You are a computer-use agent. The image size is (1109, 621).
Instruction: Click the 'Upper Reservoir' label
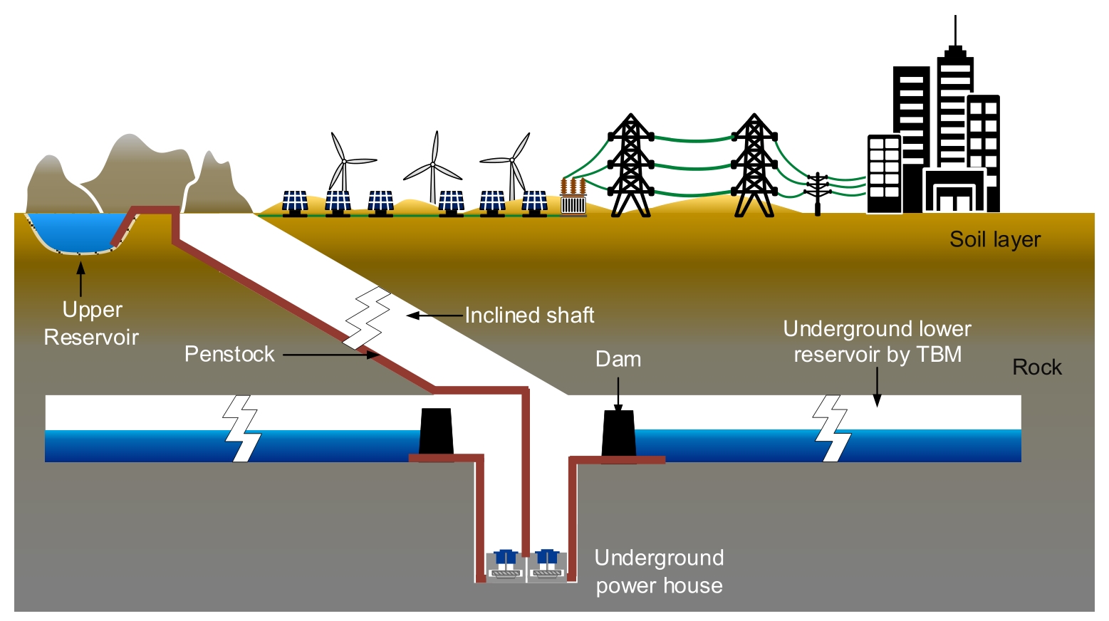[x=91, y=323]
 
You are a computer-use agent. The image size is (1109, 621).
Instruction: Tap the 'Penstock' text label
[x=229, y=354]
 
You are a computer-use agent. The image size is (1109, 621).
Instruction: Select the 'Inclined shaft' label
[x=529, y=315]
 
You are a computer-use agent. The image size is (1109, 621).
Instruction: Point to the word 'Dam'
[x=618, y=360]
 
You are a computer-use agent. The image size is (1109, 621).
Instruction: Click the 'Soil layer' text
[x=995, y=240]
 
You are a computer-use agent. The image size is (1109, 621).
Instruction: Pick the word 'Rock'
[x=1037, y=367]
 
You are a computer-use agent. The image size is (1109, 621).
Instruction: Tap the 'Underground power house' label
[x=659, y=571]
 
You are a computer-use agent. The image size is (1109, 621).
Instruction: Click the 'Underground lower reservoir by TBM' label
[x=878, y=342]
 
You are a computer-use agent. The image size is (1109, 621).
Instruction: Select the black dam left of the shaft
[x=436, y=432]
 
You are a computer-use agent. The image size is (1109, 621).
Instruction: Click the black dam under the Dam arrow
[x=618, y=434]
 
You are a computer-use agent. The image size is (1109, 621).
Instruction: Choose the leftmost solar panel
[x=295, y=202]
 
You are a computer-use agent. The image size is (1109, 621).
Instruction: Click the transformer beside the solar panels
[x=573, y=199]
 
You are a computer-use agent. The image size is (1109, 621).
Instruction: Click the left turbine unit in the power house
[x=505, y=563]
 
